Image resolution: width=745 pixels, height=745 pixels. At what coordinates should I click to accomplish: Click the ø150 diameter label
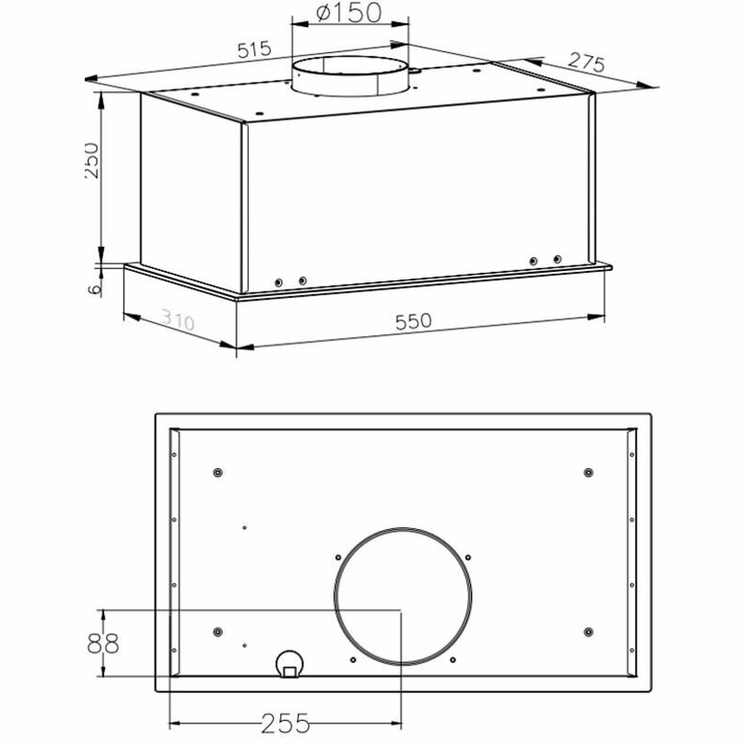coord(350,14)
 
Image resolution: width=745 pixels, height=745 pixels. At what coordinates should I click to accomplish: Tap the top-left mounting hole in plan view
coord(217,472)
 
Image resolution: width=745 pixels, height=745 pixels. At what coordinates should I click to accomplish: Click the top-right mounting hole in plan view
coord(588,472)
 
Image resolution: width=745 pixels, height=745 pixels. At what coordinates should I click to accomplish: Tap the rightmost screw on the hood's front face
coord(558,259)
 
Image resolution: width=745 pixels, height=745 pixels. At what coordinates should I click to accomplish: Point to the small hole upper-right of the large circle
coord(464,558)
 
